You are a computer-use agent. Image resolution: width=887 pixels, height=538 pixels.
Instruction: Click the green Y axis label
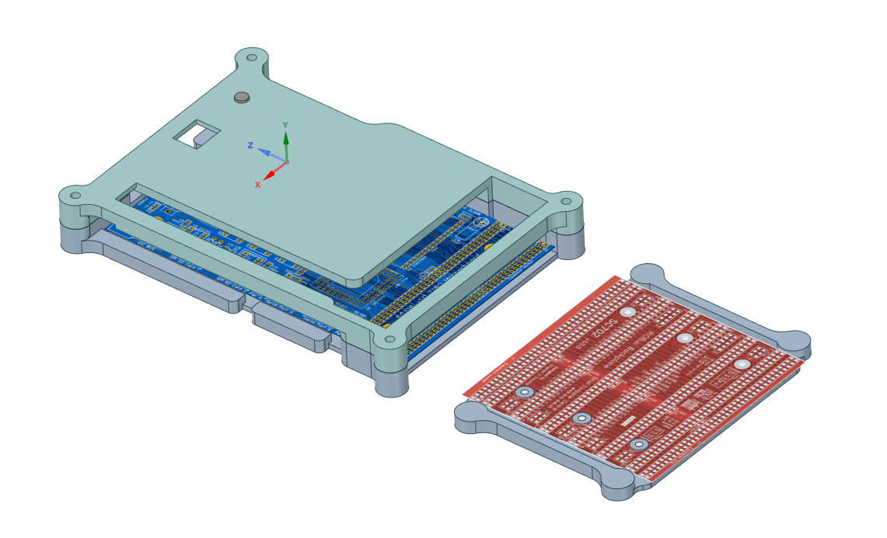click(285, 124)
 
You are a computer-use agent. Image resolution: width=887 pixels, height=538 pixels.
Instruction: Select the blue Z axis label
click(250, 145)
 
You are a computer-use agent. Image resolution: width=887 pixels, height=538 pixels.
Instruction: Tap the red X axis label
click(257, 184)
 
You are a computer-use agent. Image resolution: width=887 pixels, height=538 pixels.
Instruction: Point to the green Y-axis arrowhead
click(285, 138)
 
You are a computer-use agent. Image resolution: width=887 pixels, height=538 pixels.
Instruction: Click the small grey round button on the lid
click(243, 97)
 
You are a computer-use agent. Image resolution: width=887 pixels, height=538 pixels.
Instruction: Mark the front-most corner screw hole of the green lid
click(387, 339)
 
